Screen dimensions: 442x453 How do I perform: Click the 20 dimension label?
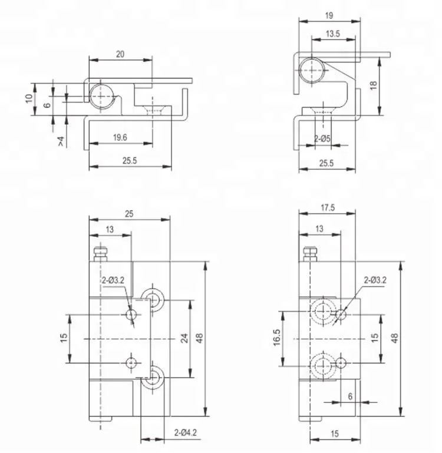click(120, 54)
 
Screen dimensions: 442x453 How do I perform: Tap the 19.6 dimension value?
click(120, 137)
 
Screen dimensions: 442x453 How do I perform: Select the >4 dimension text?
click(61, 141)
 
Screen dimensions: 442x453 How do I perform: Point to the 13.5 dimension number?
click(333, 34)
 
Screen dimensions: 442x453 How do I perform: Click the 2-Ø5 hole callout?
click(322, 138)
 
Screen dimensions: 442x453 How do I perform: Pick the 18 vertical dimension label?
click(374, 85)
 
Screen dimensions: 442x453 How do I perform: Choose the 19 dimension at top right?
click(329, 15)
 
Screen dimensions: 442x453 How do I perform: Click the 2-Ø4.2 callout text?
click(186, 432)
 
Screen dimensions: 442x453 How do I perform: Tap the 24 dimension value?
click(184, 338)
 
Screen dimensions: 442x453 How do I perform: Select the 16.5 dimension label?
click(276, 337)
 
